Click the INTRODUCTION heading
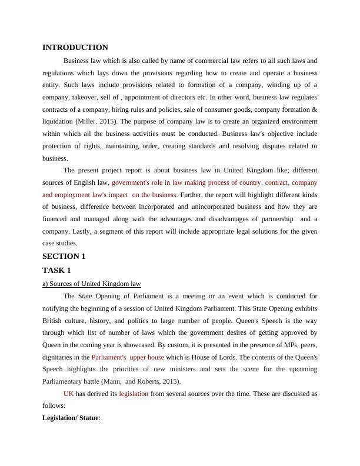click(x=75, y=48)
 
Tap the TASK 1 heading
click(x=56, y=270)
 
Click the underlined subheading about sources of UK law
click(x=92, y=284)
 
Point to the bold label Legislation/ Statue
click(x=71, y=418)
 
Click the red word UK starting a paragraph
click(x=69, y=394)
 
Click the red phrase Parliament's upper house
click(x=128, y=357)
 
